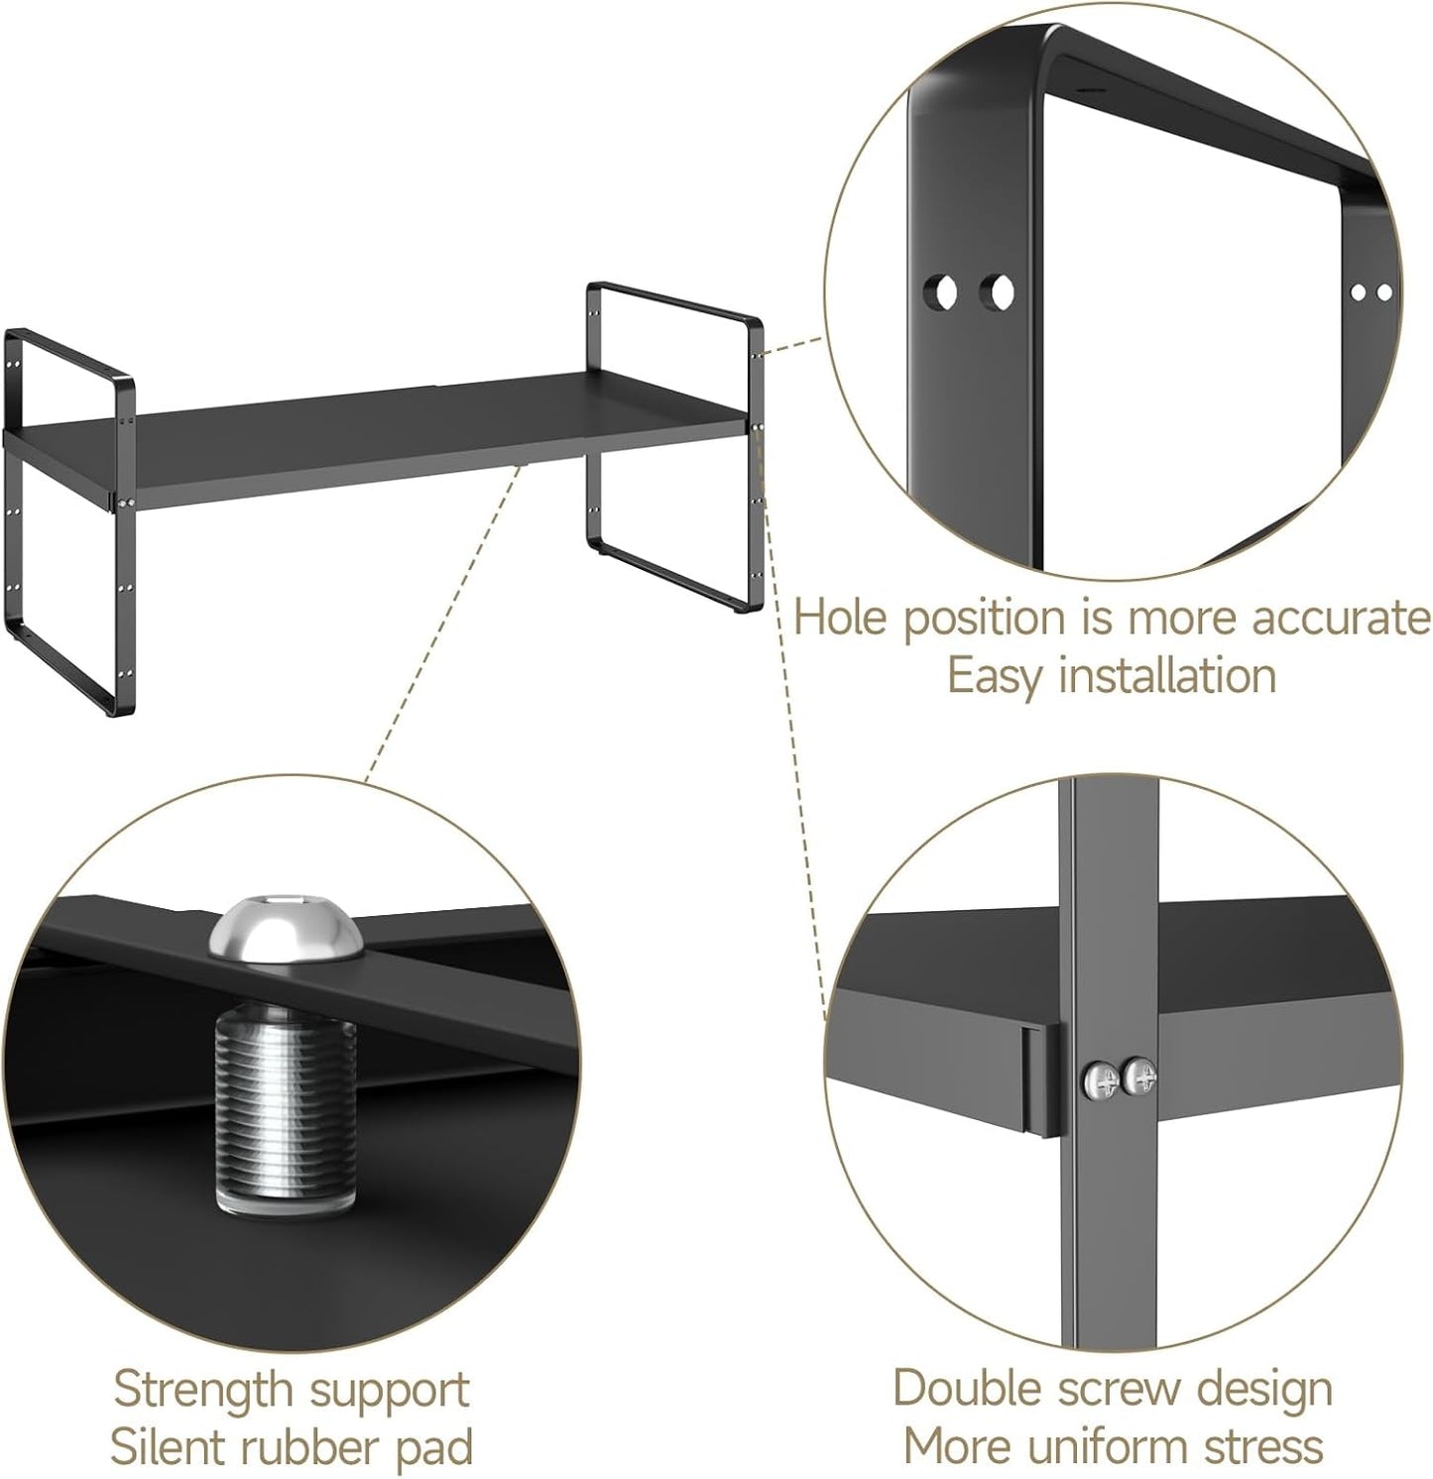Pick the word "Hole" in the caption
click(843, 618)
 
